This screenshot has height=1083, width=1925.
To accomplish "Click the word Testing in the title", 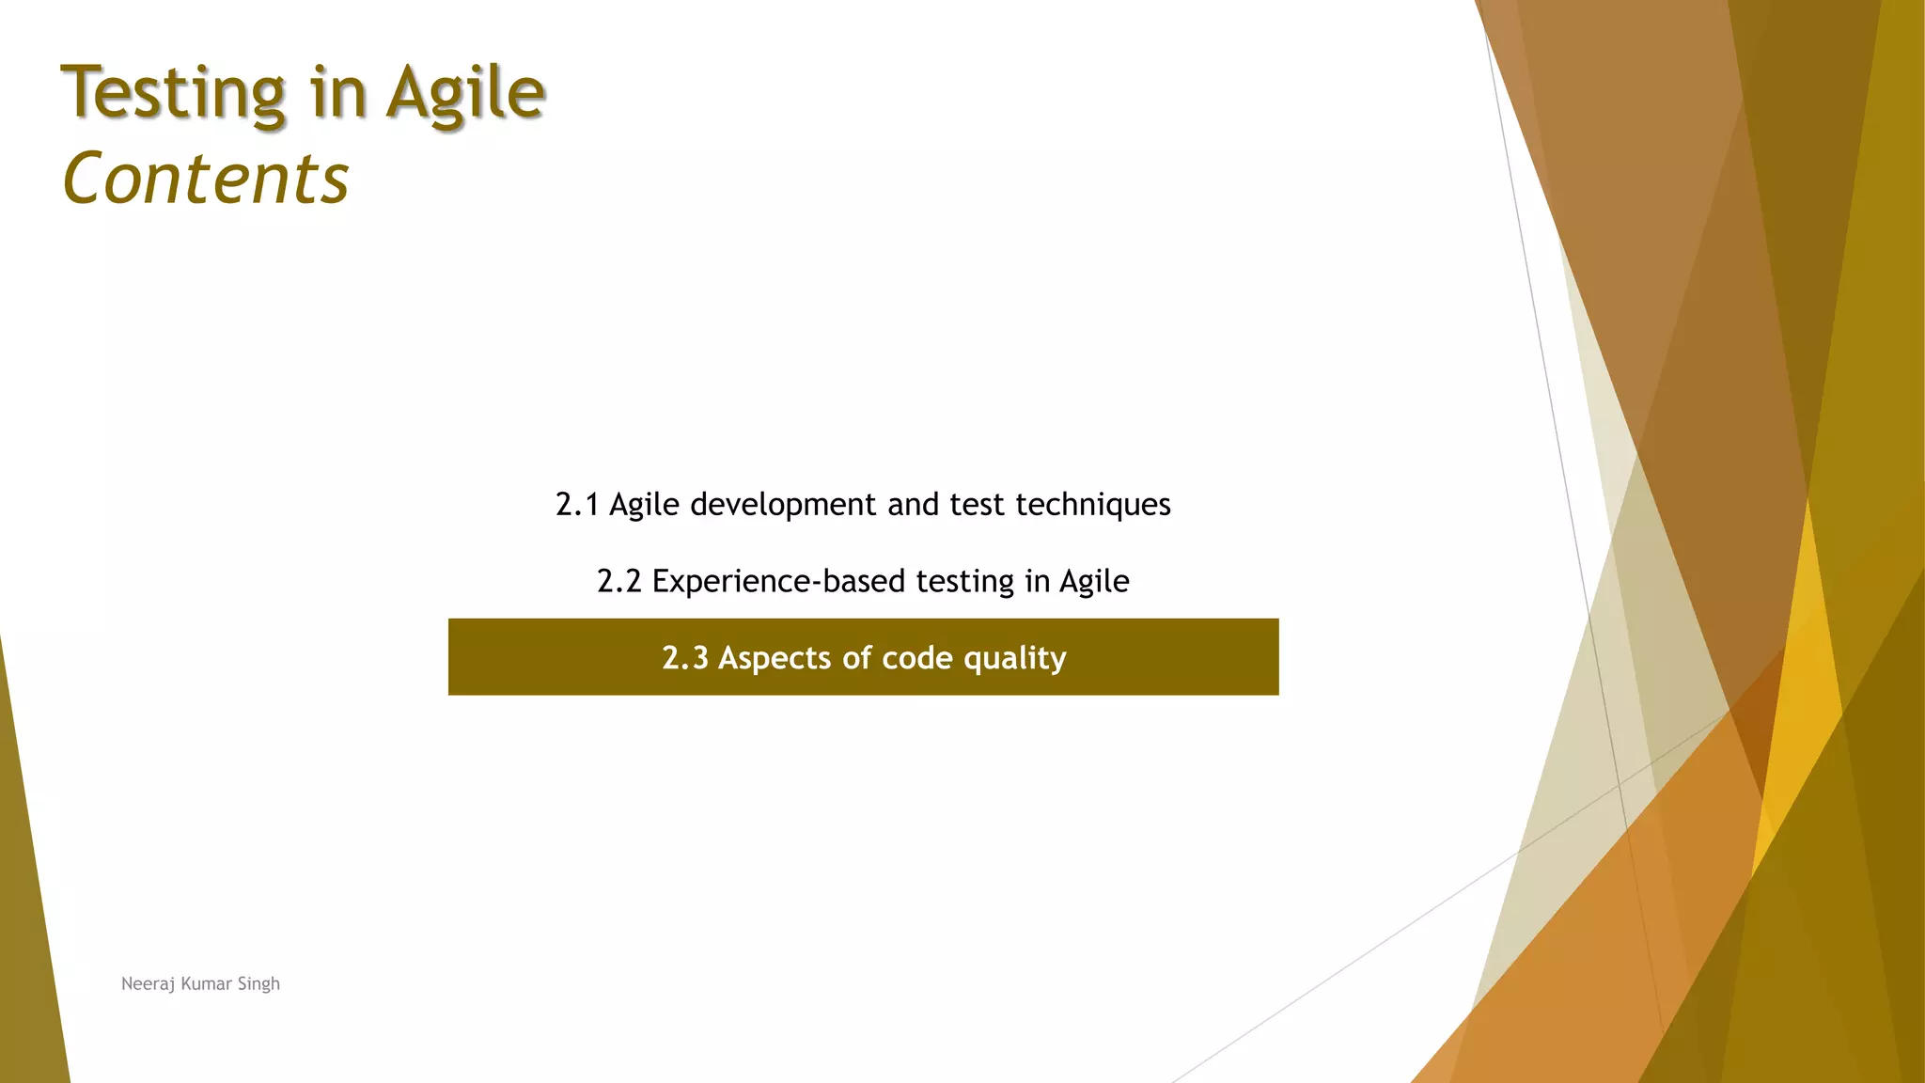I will [x=173, y=94].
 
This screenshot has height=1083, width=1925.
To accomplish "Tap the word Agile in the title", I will [x=466, y=94].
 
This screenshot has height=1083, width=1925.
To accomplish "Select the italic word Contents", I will [x=206, y=179].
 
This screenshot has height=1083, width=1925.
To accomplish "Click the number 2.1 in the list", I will [x=577, y=505].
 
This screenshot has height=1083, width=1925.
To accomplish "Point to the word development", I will [x=784, y=505].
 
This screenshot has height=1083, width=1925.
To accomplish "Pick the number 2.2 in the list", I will [x=618, y=582].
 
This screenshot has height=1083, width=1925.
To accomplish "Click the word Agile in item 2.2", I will [x=1093, y=582].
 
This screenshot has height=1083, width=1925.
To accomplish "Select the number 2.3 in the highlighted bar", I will [x=684, y=658].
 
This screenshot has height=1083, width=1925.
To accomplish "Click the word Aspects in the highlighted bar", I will [x=775, y=658].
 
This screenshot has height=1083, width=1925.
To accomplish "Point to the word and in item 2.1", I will [x=913, y=505].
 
